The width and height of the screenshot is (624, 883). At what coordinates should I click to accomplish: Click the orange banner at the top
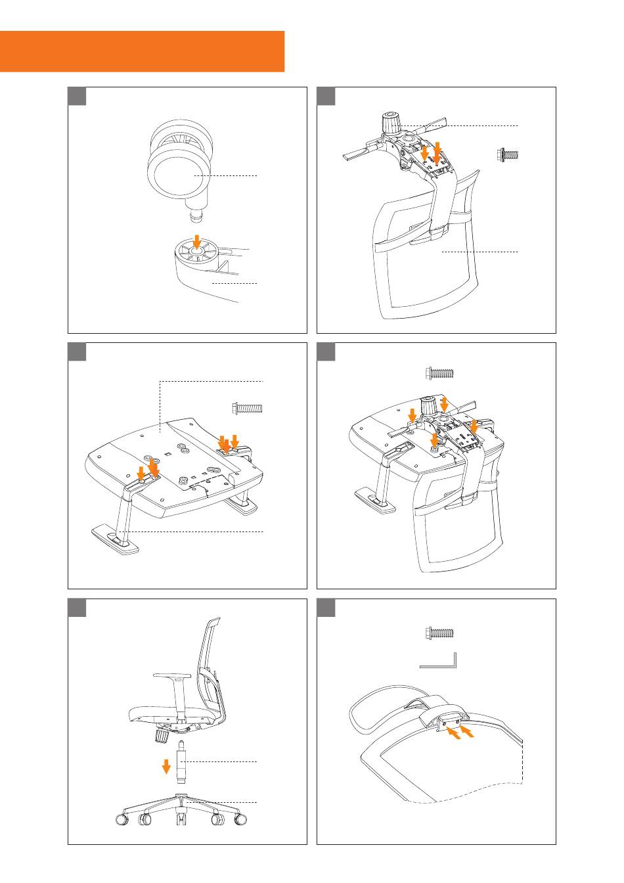coord(142,51)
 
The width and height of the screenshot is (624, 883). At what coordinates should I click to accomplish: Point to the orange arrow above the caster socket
coord(196,240)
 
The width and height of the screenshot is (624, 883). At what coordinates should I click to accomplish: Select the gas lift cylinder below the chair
coord(183,763)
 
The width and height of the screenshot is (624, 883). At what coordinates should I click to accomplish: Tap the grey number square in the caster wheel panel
coord(78,96)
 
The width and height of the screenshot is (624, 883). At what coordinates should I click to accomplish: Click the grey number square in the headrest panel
coord(326,608)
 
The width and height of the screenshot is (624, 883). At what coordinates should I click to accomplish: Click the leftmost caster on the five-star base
coord(122,821)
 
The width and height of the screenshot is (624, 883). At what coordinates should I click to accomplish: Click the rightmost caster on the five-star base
coord(242,821)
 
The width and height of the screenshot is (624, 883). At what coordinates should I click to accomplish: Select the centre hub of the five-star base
coord(183,798)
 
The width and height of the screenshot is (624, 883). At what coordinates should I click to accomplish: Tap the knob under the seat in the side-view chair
coord(160,736)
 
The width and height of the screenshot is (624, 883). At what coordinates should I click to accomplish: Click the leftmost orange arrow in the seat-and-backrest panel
coord(412,416)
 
